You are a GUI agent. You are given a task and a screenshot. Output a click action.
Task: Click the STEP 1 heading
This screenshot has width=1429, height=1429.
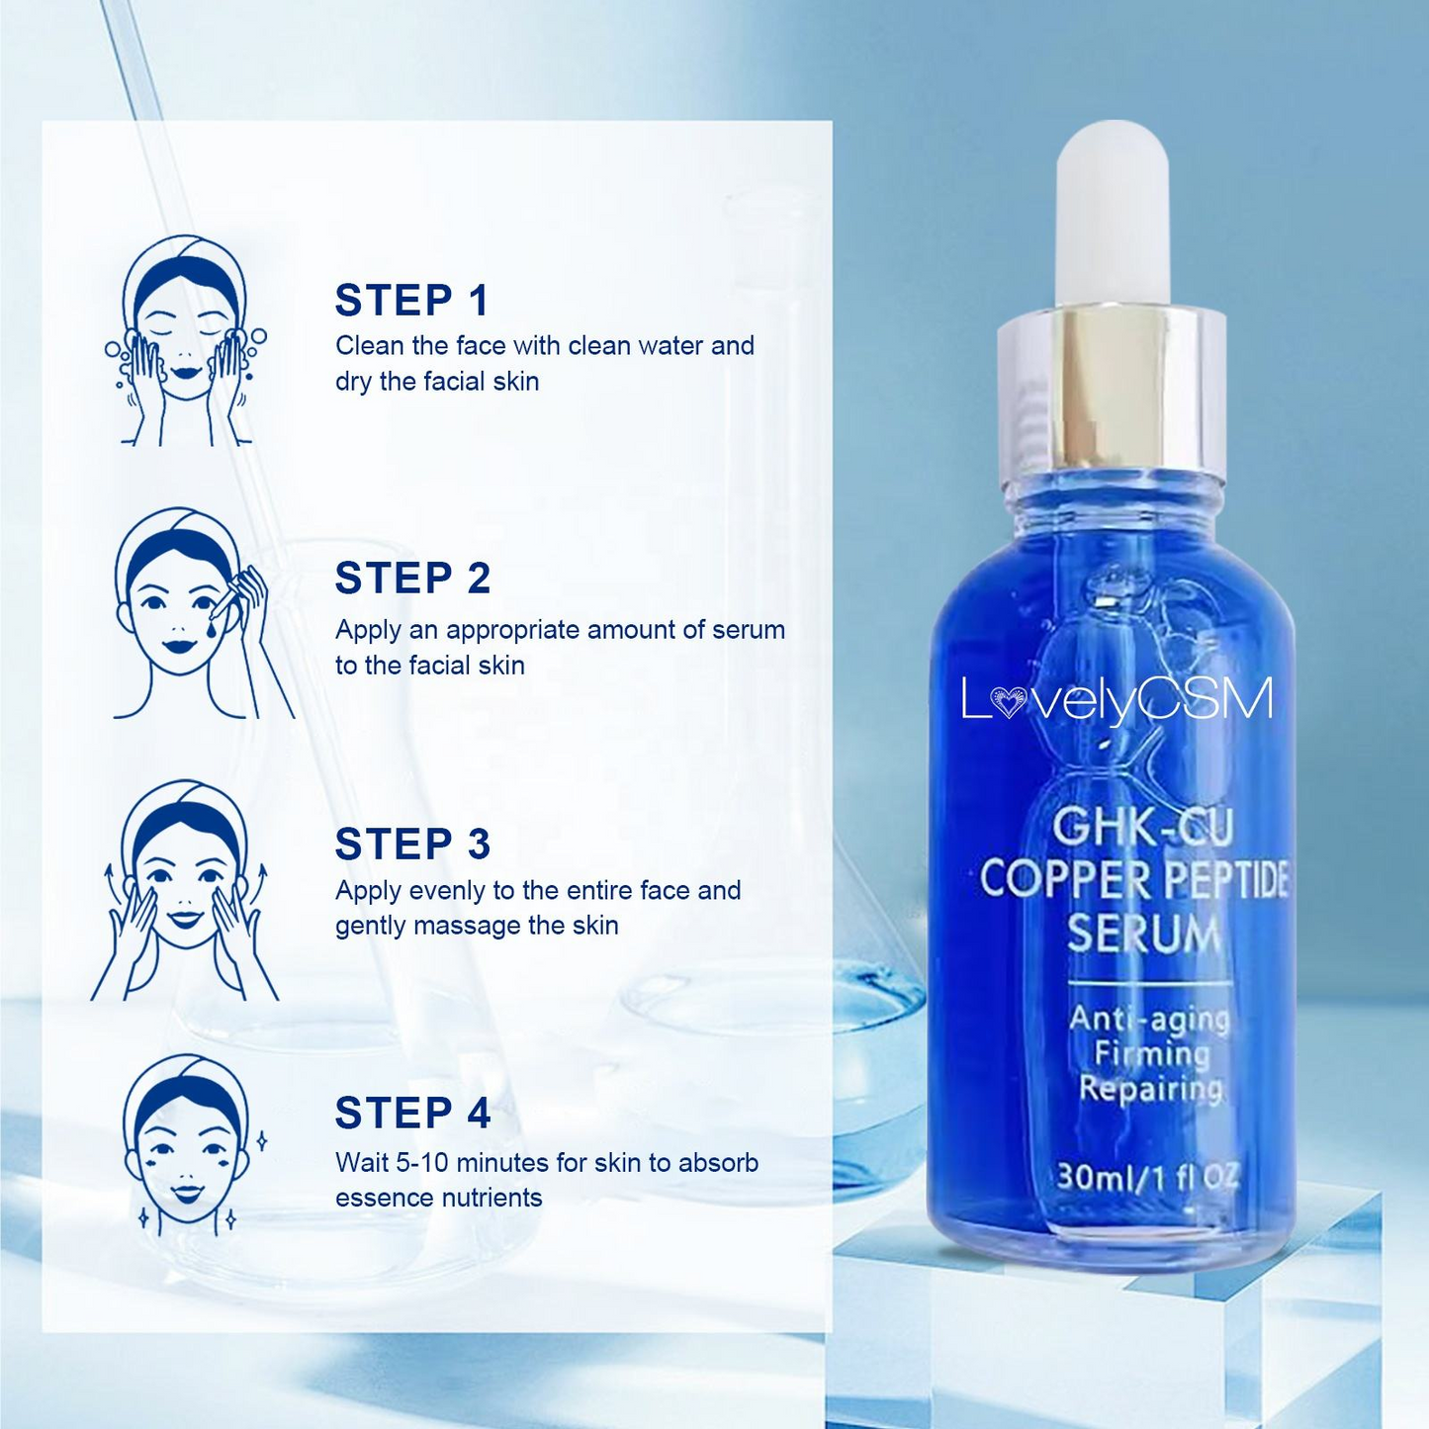[x=412, y=301]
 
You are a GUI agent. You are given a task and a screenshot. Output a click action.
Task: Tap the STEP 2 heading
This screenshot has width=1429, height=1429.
[x=412, y=579]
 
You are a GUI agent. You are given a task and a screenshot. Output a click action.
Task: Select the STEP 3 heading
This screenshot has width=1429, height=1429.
[x=412, y=845]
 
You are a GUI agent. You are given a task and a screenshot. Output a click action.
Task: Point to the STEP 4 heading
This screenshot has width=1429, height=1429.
[x=412, y=1113]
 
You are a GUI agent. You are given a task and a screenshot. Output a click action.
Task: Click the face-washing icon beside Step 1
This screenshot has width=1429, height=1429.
[x=185, y=341]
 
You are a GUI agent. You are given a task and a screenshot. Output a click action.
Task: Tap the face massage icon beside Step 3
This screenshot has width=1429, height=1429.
[x=185, y=890]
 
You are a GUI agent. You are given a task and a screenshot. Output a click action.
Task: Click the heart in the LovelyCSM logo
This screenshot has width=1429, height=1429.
[x=1008, y=703]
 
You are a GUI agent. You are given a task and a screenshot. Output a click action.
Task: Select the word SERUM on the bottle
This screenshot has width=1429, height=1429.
[x=1143, y=934]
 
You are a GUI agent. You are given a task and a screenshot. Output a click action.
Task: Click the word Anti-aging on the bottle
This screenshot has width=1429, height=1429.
[x=1149, y=1018]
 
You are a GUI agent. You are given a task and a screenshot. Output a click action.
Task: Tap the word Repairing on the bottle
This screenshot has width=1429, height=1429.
[x=1150, y=1089]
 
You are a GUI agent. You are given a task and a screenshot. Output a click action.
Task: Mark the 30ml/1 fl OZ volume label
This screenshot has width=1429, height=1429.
[x=1147, y=1177]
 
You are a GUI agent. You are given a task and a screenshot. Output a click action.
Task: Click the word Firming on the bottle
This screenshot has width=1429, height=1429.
[x=1152, y=1053]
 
